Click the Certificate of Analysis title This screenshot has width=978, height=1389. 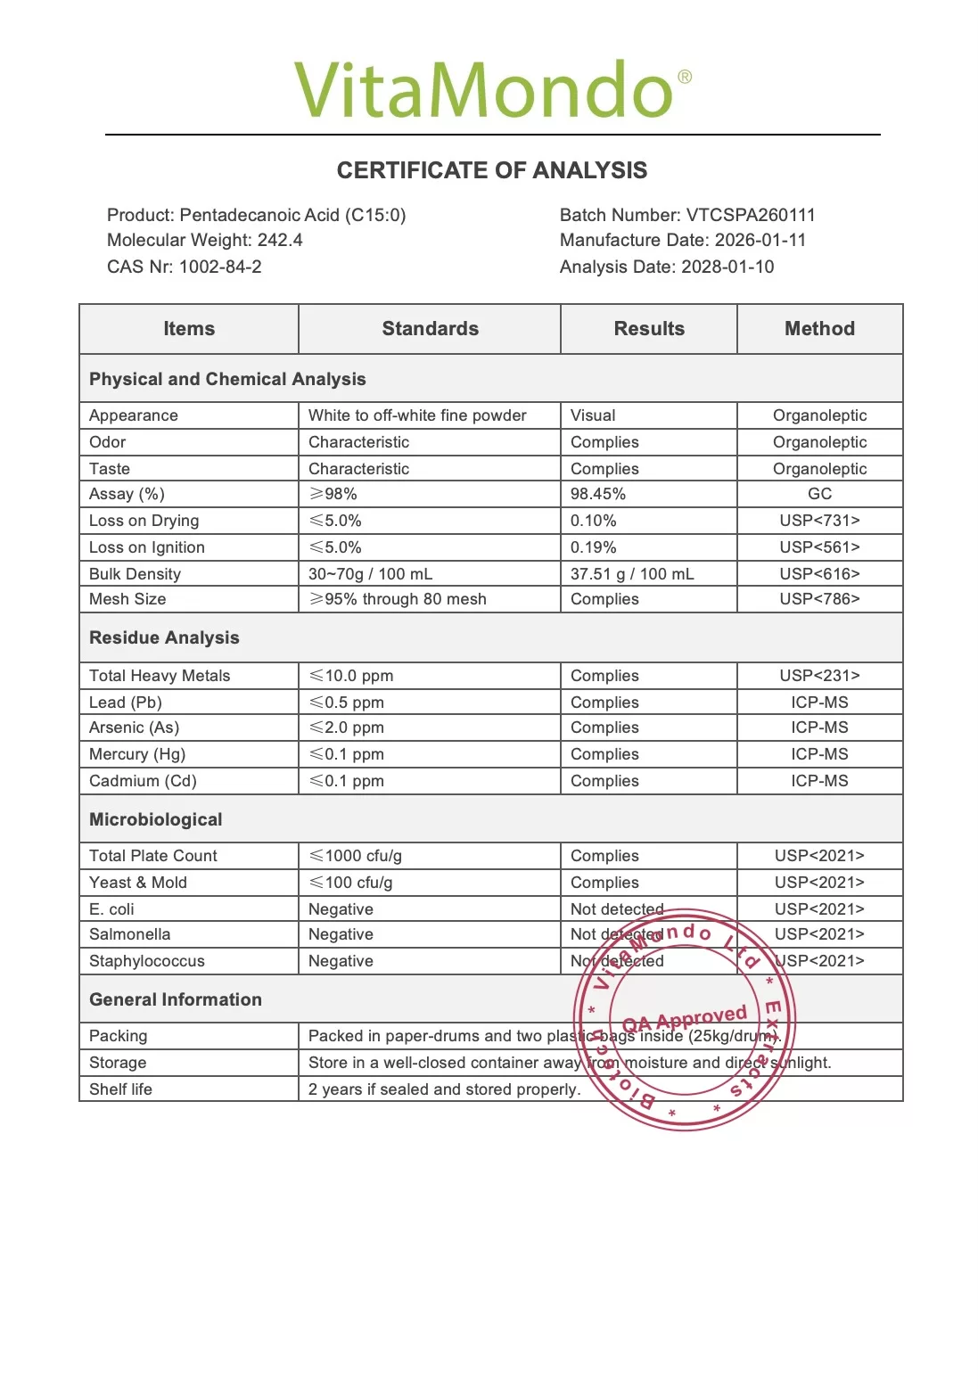[x=491, y=170]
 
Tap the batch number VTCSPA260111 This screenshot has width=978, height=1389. [x=750, y=215]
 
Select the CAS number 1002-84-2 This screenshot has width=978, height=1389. [x=220, y=267]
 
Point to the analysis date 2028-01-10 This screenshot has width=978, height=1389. [x=727, y=267]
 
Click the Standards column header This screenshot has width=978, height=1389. [x=430, y=329]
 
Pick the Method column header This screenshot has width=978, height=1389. [x=819, y=329]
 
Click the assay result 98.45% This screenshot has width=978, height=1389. [x=598, y=494]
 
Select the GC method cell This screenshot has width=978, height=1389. [x=819, y=494]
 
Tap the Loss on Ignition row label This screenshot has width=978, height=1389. [x=147, y=547]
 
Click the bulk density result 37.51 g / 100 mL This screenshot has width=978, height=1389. [x=632, y=574]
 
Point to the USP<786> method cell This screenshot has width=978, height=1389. [x=819, y=599]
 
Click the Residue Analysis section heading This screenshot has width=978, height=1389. [x=164, y=637]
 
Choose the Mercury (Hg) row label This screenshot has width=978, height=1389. [x=137, y=754]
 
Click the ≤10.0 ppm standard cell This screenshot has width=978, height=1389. [x=351, y=676]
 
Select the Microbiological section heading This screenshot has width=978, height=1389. [x=156, y=819]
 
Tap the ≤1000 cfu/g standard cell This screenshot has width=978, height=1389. [x=356, y=856]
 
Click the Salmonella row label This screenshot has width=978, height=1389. [x=130, y=934]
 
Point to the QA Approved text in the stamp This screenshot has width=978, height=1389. [x=685, y=1018]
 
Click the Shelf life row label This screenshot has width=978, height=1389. [x=121, y=1089]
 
